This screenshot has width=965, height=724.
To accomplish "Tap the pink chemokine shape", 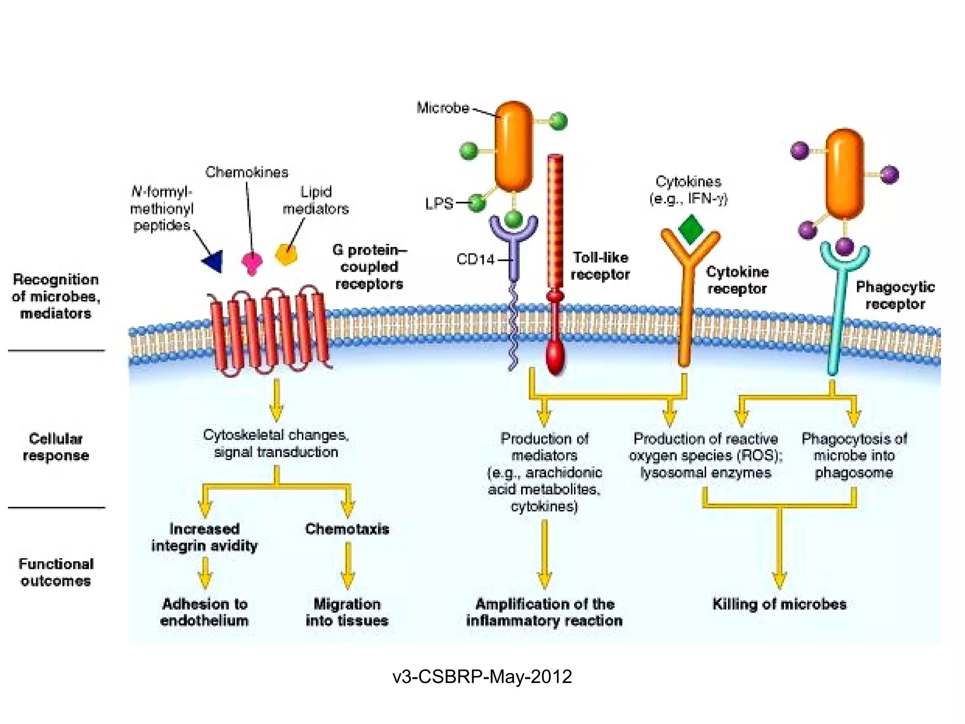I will (x=252, y=262).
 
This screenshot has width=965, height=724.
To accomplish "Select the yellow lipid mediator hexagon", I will (x=286, y=254).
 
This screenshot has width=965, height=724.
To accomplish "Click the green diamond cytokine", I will (x=691, y=230).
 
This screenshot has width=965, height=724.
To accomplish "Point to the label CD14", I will (x=475, y=259).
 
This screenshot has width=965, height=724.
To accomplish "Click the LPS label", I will (x=439, y=204).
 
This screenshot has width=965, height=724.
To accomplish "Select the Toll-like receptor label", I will (x=600, y=266).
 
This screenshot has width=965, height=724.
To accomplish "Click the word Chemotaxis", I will (x=347, y=529).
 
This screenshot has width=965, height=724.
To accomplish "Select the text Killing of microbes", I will (x=779, y=604).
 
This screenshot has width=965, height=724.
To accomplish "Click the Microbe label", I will (x=442, y=108).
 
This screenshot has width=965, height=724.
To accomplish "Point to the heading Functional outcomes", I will (x=56, y=572).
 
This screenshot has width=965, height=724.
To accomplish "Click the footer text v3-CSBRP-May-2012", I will (x=482, y=676).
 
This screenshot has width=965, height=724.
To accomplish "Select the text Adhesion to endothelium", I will (x=204, y=612).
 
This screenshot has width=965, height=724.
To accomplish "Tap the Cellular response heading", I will (x=56, y=447).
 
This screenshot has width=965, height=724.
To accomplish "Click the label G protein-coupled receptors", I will (x=369, y=267).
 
